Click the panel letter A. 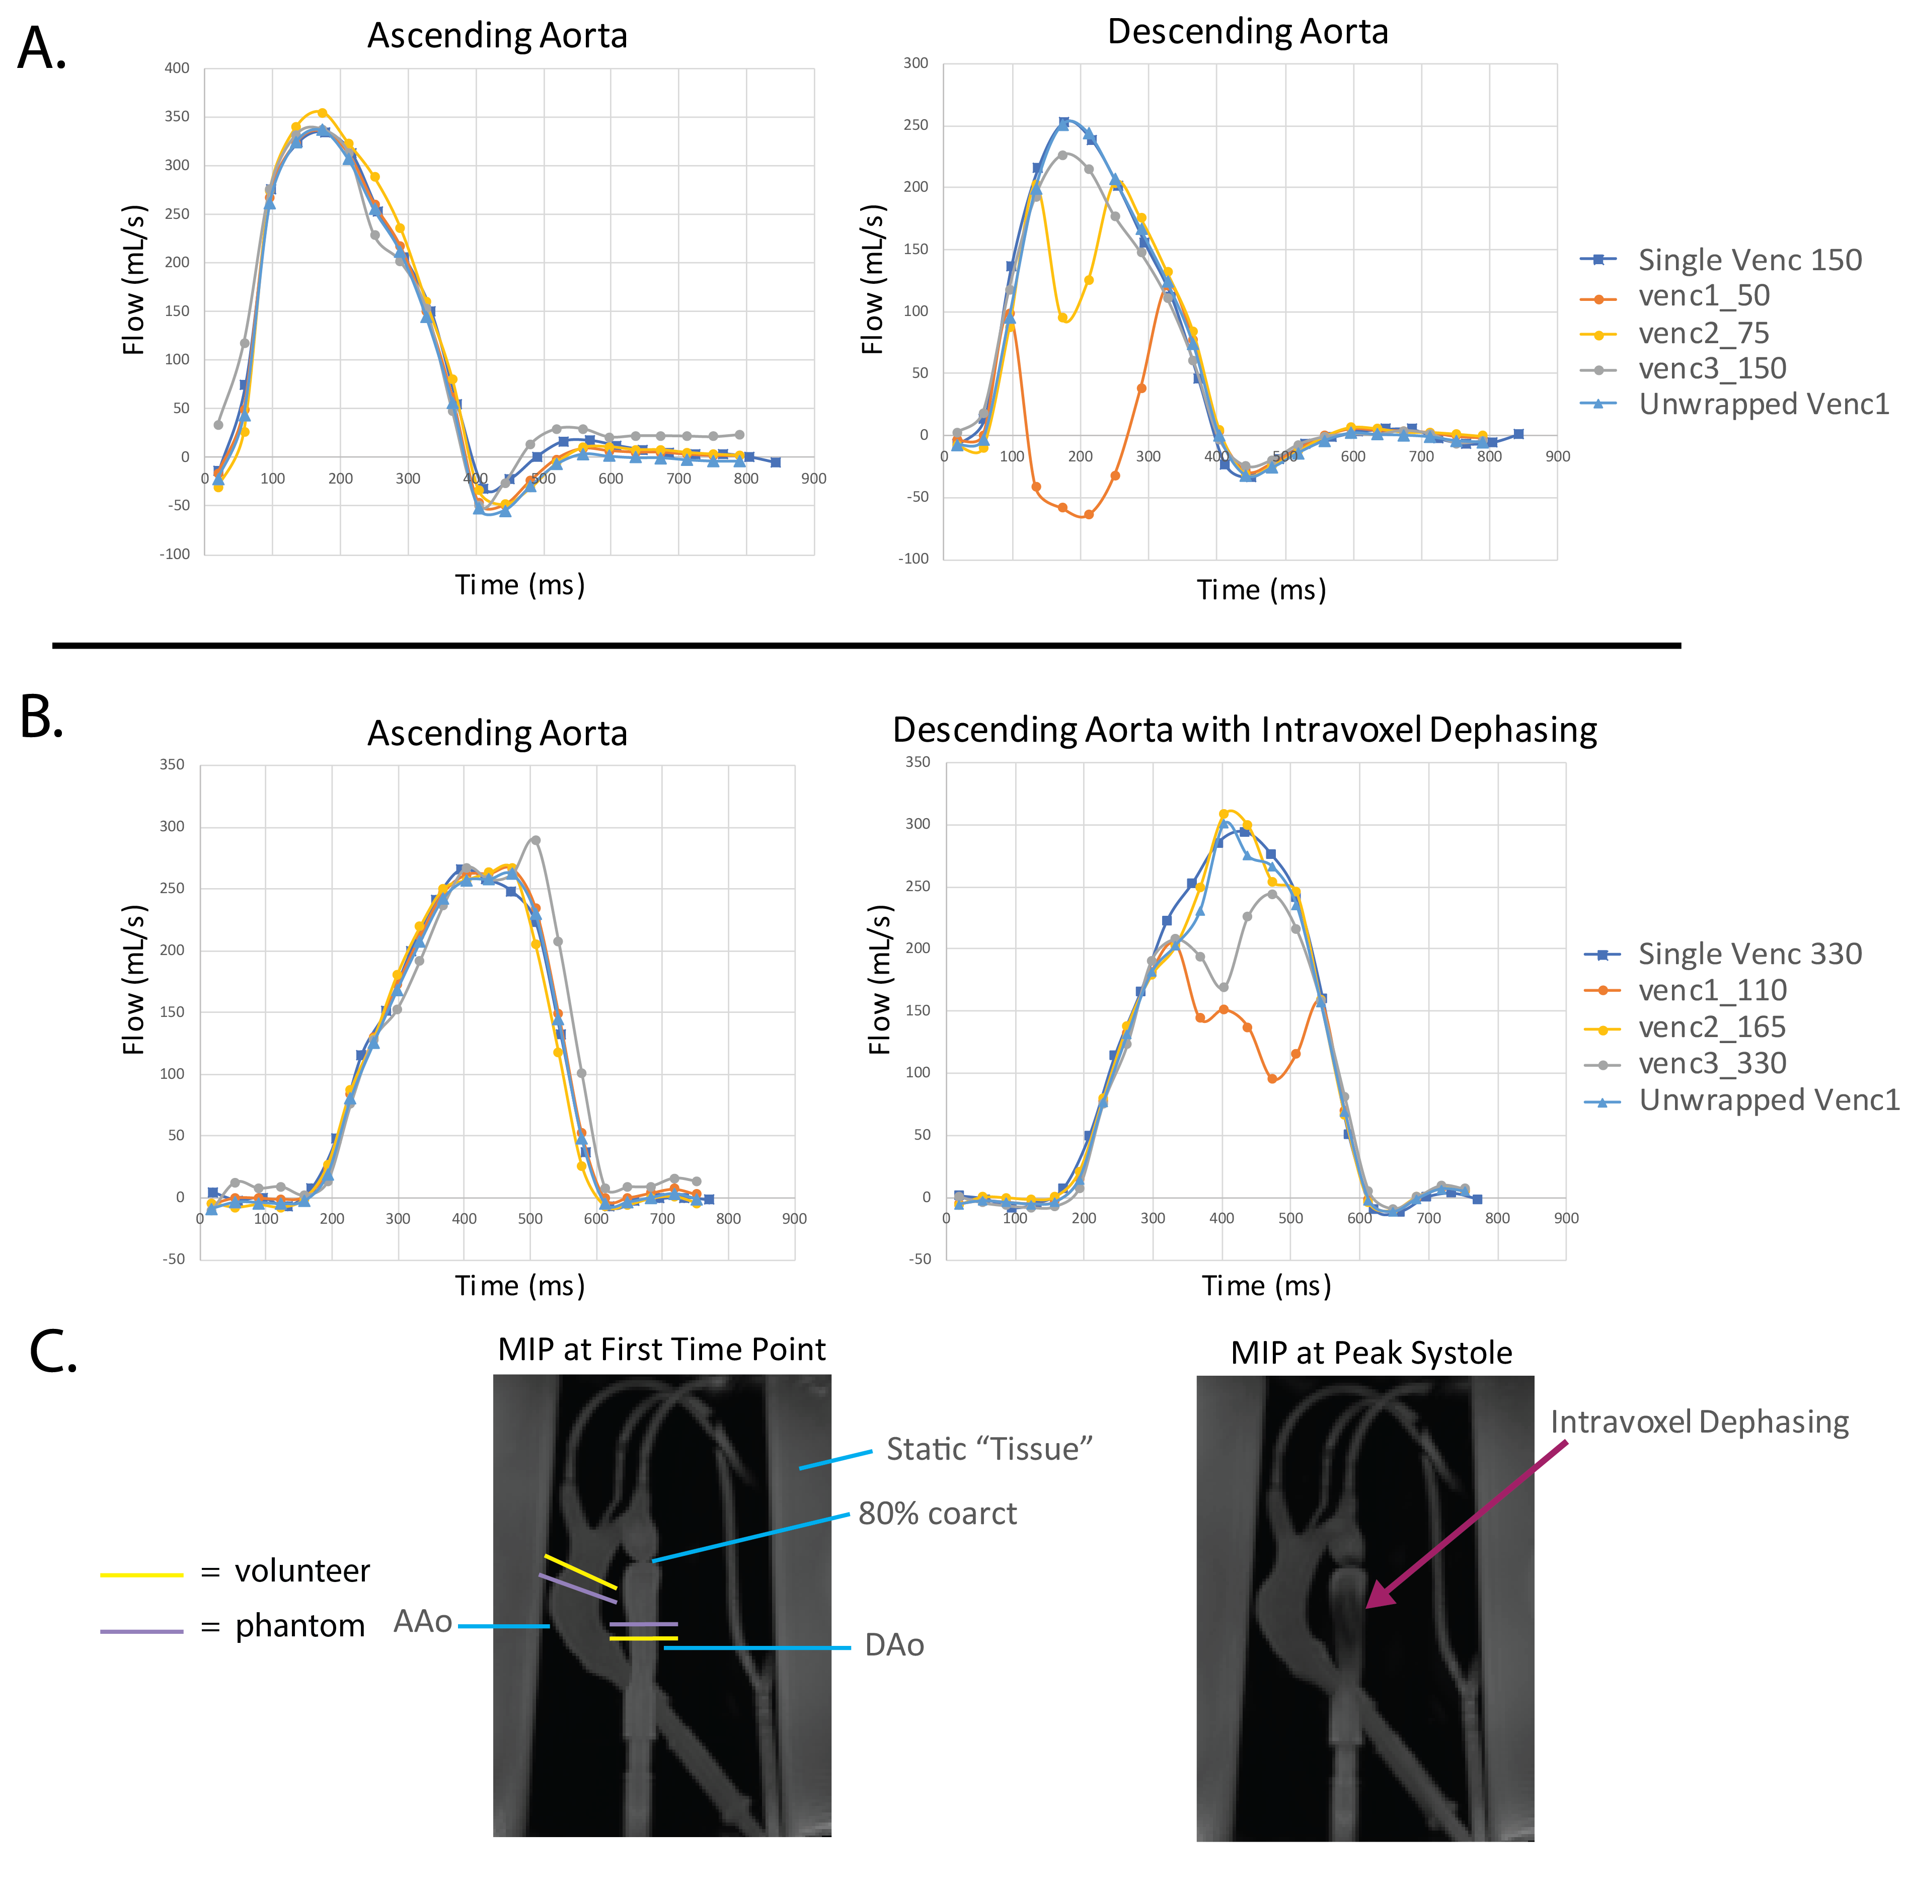point(42,49)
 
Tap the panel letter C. point(53,1352)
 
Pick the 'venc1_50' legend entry point(1704,296)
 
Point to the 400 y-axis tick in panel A point(177,68)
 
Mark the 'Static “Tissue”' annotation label point(988,1449)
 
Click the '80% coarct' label point(937,1513)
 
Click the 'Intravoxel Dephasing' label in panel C point(1699,1421)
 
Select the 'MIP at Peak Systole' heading point(1370,1353)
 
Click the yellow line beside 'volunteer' point(142,1575)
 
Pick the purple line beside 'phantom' point(142,1632)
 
